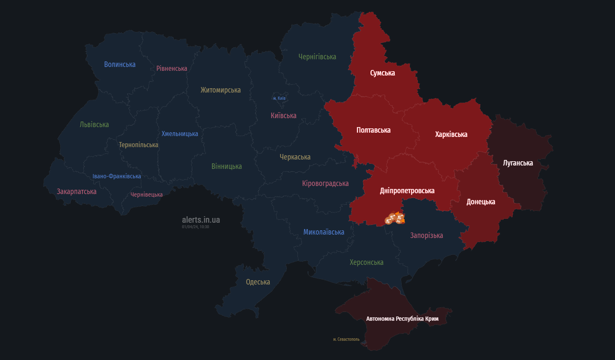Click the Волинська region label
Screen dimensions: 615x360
click(120, 64)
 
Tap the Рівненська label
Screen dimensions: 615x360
click(172, 68)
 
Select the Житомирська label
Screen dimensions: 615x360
click(221, 90)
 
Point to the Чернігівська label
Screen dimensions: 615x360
click(317, 57)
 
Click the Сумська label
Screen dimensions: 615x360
click(382, 73)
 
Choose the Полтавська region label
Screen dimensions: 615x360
click(373, 130)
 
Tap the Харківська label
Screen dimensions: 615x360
click(451, 134)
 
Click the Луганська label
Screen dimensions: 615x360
click(518, 163)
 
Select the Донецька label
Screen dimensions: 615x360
click(481, 202)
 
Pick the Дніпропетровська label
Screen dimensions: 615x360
click(407, 191)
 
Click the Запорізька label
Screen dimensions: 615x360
click(426, 235)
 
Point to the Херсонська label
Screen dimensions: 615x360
click(366, 262)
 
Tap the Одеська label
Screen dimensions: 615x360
click(258, 282)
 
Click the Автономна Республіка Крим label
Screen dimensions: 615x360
click(402, 319)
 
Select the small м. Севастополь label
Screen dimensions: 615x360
click(346, 340)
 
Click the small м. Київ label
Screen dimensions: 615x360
click(279, 99)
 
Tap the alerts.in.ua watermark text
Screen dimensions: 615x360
click(201, 220)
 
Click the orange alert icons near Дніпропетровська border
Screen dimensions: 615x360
click(394, 219)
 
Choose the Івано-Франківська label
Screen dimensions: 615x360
click(117, 176)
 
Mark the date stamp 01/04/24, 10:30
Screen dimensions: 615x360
click(195, 227)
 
